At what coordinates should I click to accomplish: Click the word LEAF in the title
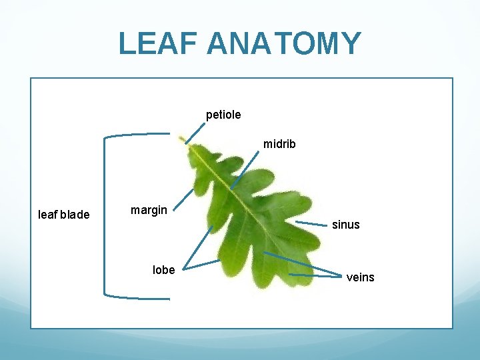point(159,43)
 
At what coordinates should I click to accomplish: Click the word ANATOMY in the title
point(284,43)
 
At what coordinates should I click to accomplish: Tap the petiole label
point(223,115)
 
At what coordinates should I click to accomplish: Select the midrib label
point(279,143)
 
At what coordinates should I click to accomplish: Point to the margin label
point(149,210)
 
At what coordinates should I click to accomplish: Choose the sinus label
point(345,225)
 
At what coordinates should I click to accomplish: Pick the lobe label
point(163,270)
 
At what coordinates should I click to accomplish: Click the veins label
point(360,277)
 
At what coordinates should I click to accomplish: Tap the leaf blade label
point(64,215)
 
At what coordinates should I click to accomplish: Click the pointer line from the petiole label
point(195,131)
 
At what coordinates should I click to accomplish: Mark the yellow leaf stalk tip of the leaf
point(182,139)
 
